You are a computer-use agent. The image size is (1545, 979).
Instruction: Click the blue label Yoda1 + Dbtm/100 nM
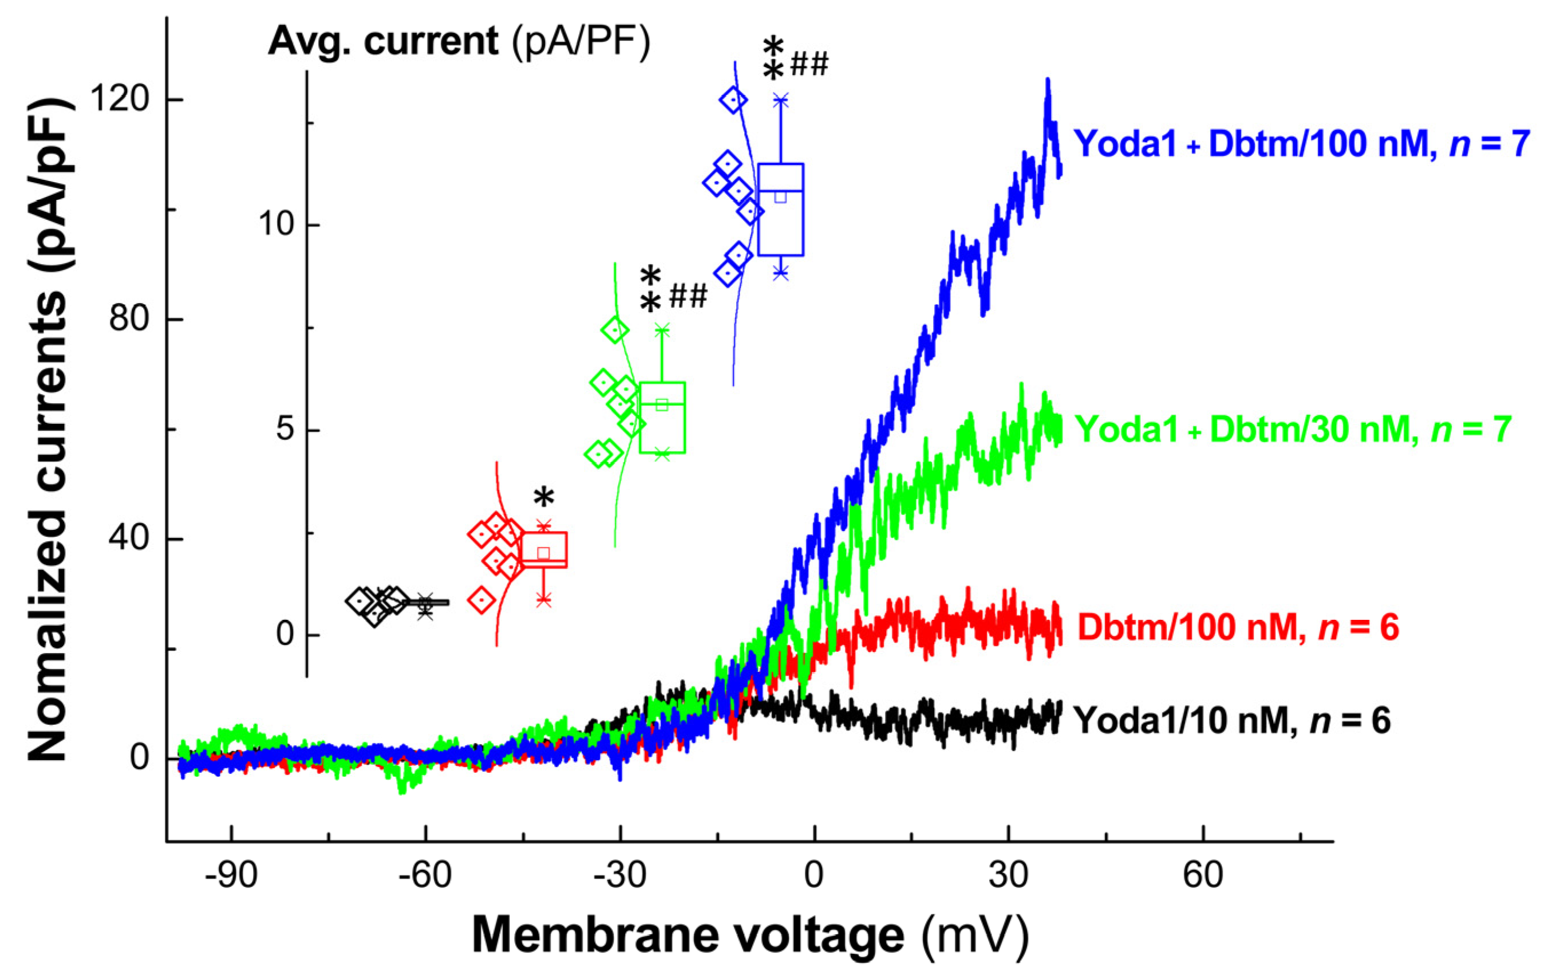click(x=1301, y=144)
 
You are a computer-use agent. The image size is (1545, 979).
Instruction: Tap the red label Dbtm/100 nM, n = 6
click(x=1238, y=627)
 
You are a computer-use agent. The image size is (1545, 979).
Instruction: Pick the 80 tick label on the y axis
click(x=128, y=318)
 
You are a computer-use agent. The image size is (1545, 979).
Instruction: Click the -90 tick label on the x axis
click(x=231, y=875)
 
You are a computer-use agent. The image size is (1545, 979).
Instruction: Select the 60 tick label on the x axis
click(x=1203, y=875)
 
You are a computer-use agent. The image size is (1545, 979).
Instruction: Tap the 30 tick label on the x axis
click(x=1009, y=875)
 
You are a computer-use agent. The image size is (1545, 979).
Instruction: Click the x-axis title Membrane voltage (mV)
click(x=750, y=935)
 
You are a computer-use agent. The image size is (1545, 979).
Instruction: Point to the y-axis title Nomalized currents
click(x=48, y=430)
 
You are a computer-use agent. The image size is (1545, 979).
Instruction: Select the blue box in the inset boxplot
click(x=781, y=210)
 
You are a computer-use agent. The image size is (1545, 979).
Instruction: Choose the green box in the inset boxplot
click(x=662, y=417)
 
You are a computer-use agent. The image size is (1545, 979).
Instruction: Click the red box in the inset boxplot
click(x=544, y=550)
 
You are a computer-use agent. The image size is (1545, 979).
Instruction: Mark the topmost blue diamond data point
click(x=733, y=100)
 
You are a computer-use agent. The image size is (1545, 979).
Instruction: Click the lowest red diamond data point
click(x=481, y=600)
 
